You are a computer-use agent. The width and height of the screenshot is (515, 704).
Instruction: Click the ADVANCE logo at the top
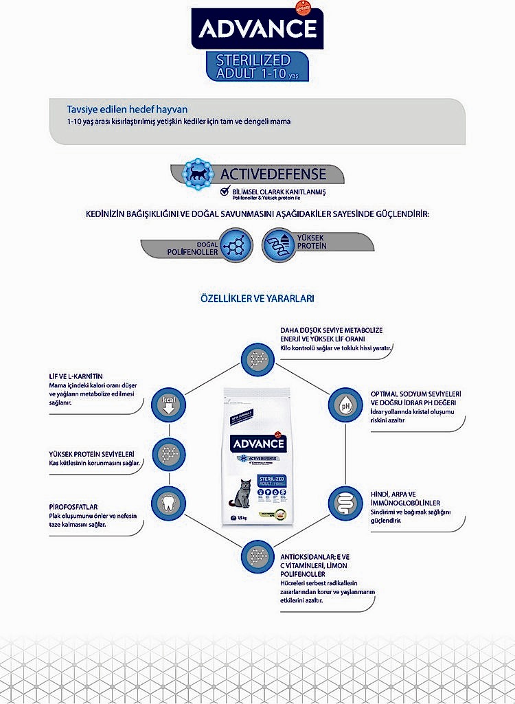(257, 30)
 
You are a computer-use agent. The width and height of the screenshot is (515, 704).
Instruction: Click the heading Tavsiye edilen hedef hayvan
(127, 109)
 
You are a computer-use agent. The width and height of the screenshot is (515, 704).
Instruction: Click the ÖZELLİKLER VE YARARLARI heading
(257, 299)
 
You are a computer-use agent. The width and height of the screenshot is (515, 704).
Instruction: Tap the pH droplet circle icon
(345, 406)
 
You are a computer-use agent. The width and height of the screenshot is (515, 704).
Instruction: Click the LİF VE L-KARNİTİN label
(71, 376)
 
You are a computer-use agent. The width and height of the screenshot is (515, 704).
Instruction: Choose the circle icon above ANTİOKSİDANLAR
(257, 554)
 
